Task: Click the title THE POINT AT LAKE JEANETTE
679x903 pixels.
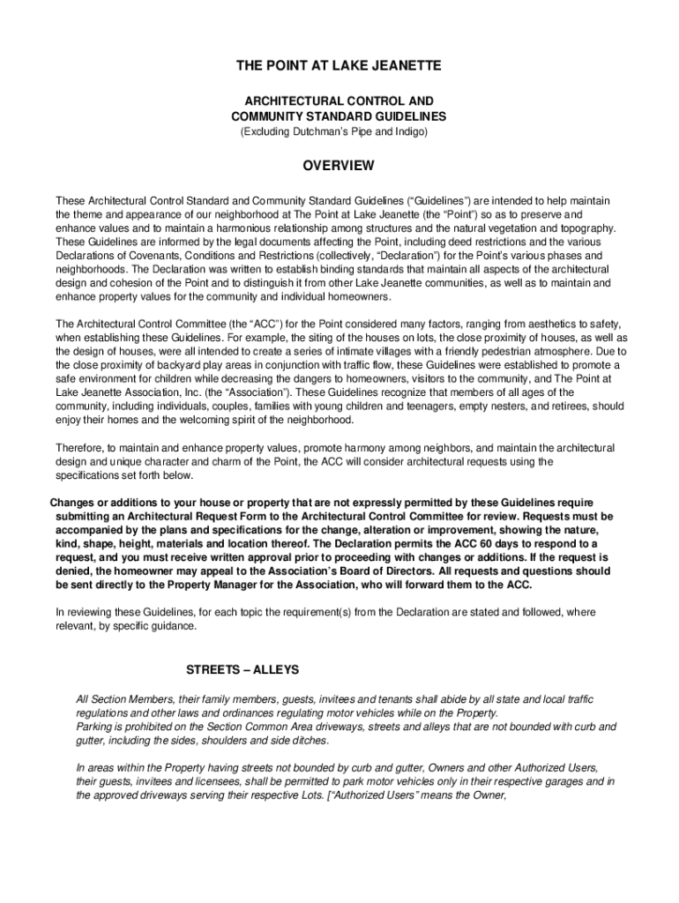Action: point(339,66)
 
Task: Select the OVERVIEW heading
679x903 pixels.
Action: point(339,166)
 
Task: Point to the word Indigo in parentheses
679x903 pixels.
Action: point(407,131)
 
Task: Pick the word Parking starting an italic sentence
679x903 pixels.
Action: point(95,727)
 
